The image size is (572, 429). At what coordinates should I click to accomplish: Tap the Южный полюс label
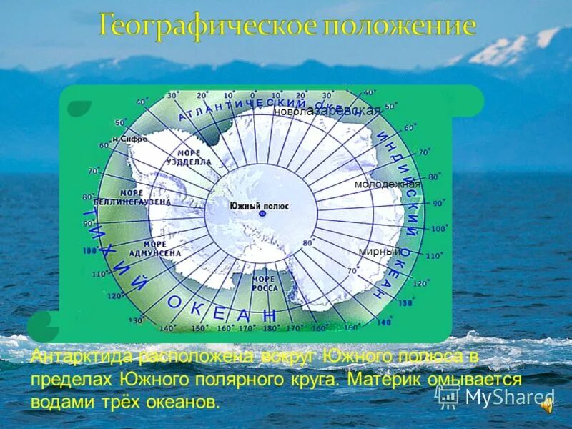[x=259, y=206]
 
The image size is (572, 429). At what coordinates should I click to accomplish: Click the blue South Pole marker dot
[x=262, y=214]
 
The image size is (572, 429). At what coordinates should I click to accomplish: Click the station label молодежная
[x=387, y=184]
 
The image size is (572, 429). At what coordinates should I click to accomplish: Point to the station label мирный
[x=380, y=252]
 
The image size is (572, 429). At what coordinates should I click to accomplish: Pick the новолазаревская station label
[x=327, y=112]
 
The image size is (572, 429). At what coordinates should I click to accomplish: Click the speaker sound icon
[x=546, y=405]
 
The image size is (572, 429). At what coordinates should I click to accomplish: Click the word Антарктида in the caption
[x=82, y=356]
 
